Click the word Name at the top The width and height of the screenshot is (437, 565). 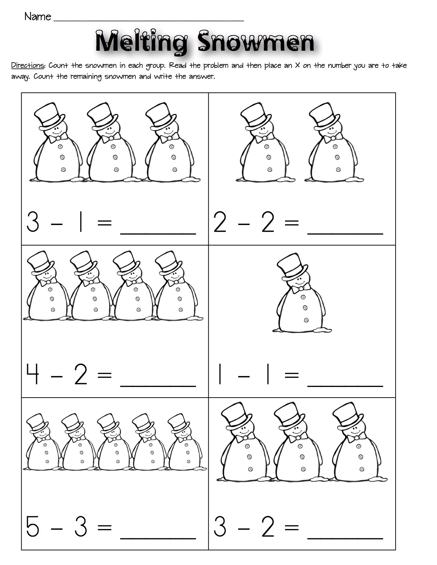coord(38,16)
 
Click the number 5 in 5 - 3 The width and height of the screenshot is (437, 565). coord(33,527)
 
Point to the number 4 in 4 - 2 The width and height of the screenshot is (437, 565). coord(33,375)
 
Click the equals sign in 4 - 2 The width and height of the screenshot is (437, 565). coord(105,376)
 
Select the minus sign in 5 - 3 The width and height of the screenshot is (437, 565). coord(57,528)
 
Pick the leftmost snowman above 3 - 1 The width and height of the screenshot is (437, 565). coord(57,144)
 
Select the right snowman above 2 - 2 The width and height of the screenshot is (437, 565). coord(333,144)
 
